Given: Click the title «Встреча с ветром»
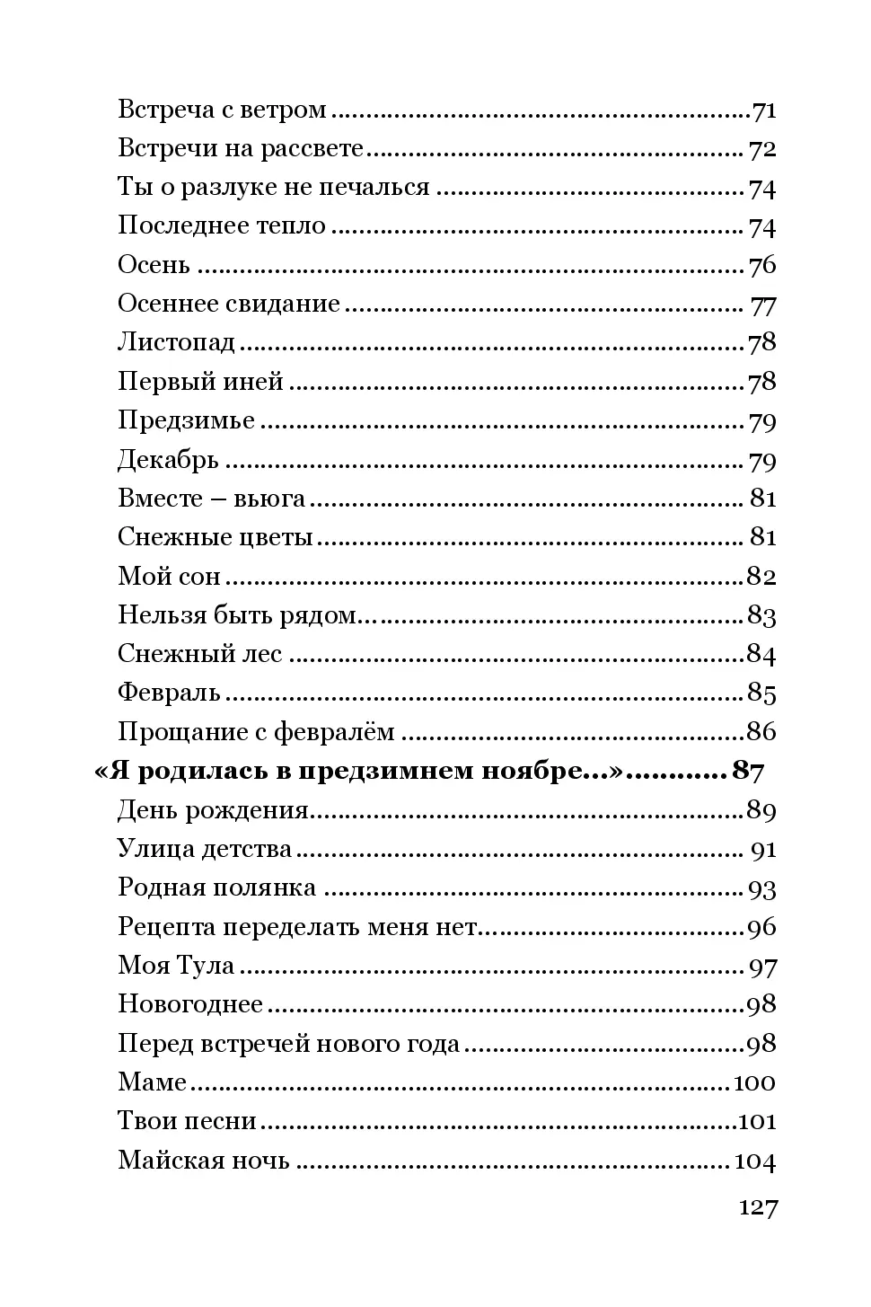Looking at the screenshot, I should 222,110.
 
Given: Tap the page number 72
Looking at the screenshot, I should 762,149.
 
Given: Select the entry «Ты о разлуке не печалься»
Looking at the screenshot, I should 274,188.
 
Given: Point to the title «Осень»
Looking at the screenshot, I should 154,266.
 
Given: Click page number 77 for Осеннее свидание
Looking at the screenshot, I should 763,305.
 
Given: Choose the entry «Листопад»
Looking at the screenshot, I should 176,343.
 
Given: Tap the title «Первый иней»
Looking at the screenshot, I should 200,382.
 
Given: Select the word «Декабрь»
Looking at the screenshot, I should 168,460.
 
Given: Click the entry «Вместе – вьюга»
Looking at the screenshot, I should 211,499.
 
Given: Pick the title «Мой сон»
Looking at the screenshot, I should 169,577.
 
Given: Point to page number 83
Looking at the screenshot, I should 761,616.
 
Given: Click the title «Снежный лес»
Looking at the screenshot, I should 199,654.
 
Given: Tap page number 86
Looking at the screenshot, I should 761,732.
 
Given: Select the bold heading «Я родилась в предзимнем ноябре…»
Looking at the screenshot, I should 359,771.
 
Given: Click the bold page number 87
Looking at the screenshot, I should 748,771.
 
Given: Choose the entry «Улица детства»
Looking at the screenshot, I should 205,849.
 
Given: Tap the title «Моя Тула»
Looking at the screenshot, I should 176,967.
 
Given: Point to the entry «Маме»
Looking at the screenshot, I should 152,1082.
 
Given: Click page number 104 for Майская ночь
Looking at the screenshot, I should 754,1161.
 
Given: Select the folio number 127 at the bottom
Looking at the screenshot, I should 758,1208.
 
